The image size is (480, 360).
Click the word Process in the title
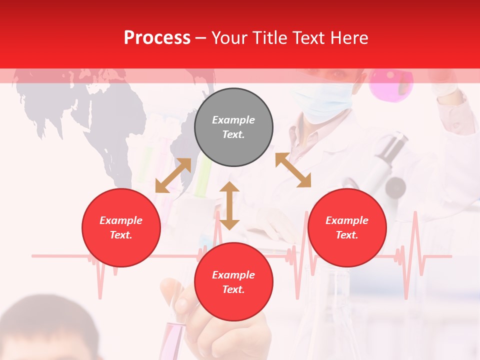[x=157, y=38]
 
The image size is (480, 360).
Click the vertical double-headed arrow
[x=229, y=205]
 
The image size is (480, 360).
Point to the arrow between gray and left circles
[x=173, y=175]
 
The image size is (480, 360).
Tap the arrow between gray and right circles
[x=293, y=170]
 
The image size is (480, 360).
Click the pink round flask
[x=391, y=84]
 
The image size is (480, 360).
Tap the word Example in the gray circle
[x=233, y=120]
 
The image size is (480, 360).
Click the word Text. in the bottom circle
[x=233, y=289]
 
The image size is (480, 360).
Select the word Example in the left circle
[x=121, y=220]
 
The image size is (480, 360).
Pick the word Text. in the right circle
[x=347, y=235]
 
